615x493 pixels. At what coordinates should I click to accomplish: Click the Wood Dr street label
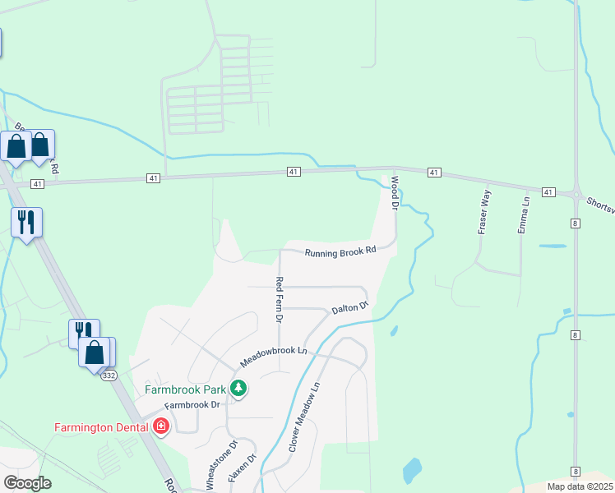click(x=395, y=193)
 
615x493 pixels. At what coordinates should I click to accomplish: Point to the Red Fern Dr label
click(x=279, y=299)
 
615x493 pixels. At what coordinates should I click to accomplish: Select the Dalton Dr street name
click(x=349, y=309)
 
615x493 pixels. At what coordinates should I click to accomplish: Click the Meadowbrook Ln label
click(x=273, y=356)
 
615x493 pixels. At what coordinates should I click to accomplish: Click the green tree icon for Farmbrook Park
click(x=238, y=388)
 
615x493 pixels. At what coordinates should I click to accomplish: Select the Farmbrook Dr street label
click(x=193, y=405)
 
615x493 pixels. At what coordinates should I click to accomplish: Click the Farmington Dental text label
click(x=100, y=426)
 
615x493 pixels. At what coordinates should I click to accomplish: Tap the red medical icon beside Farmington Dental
click(x=160, y=426)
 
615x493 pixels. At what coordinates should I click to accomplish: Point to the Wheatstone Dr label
click(x=221, y=465)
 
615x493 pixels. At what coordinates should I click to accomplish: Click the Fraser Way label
click(x=485, y=212)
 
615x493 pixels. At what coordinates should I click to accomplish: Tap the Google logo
click(x=27, y=483)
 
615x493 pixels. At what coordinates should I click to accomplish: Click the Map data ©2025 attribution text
click(x=580, y=486)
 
